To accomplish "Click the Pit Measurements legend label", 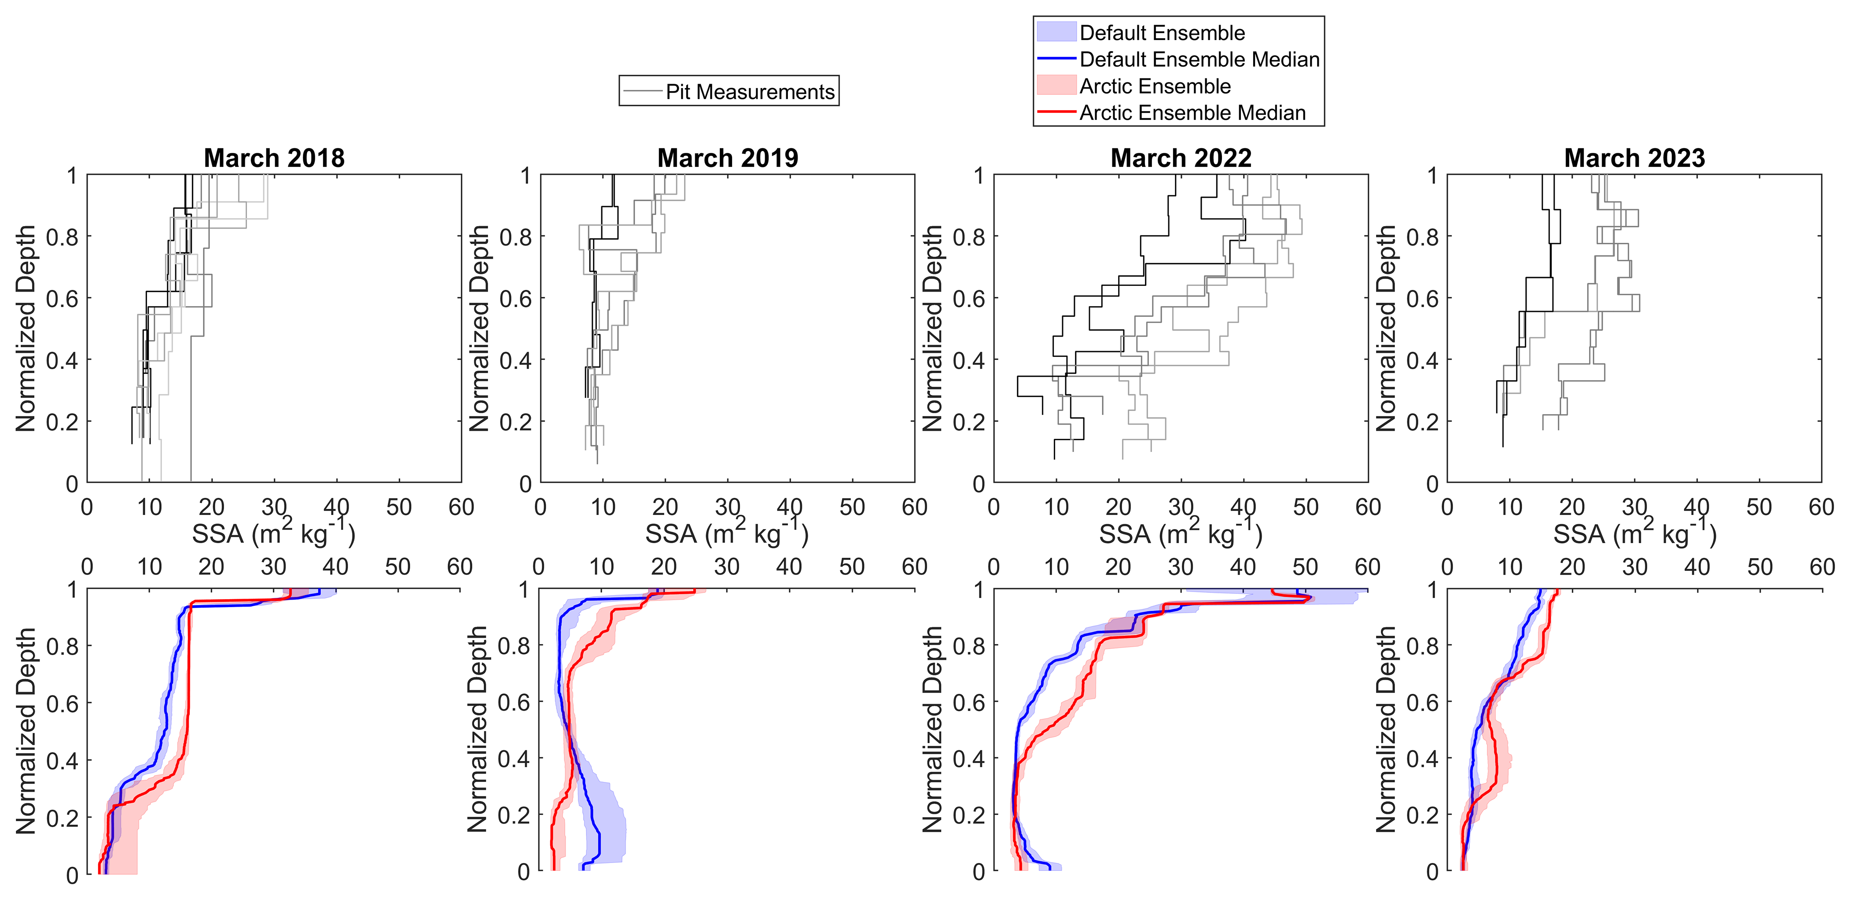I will point(750,92).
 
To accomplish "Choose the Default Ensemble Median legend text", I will point(1199,59).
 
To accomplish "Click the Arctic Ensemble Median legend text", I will point(1192,113).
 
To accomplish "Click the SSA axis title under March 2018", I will point(274,533).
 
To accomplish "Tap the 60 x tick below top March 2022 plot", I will point(1367,507).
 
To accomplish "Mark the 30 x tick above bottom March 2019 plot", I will point(726,567).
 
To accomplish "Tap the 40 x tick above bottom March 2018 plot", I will point(335,567).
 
